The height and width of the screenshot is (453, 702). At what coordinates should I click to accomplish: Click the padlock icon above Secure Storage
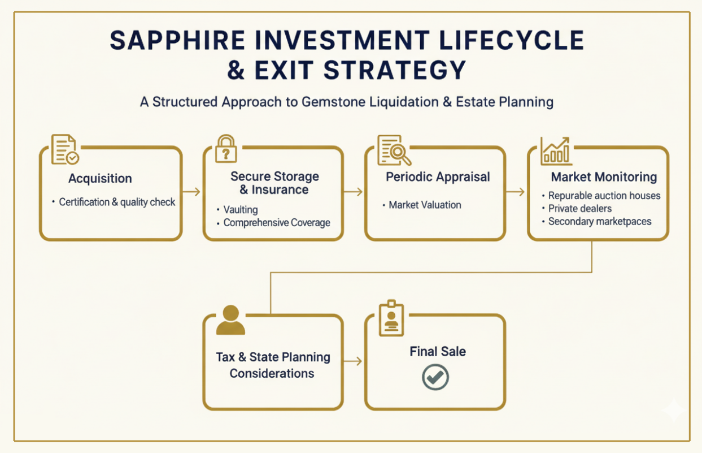(x=226, y=148)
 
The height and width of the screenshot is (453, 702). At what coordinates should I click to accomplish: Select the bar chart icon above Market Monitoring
(x=556, y=150)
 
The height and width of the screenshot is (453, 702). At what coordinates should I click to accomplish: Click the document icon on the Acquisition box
(x=64, y=149)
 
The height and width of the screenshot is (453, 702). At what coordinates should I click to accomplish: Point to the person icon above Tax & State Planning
(x=230, y=320)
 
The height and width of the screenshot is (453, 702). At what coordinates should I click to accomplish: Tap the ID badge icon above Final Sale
(x=391, y=318)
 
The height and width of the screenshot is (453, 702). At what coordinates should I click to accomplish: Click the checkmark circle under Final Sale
(x=435, y=377)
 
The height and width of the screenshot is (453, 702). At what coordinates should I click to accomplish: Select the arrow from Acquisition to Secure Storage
(x=192, y=192)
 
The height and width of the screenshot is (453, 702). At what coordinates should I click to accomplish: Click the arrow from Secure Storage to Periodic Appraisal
(x=354, y=192)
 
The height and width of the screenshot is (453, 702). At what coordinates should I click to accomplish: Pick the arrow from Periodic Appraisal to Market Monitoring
(x=515, y=192)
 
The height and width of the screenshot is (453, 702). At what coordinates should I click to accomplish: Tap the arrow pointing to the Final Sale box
(x=354, y=361)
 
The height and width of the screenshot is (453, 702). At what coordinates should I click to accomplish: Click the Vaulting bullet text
(x=241, y=209)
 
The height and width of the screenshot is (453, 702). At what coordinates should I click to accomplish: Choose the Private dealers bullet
(x=580, y=208)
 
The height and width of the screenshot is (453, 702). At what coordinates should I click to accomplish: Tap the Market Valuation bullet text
(x=425, y=205)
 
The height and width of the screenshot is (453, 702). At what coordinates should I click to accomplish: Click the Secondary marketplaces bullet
(x=600, y=221)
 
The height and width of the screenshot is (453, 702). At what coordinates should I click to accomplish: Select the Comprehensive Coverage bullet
(x=277, y=223)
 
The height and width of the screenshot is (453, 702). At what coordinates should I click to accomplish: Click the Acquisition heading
(x=100, y=179)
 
